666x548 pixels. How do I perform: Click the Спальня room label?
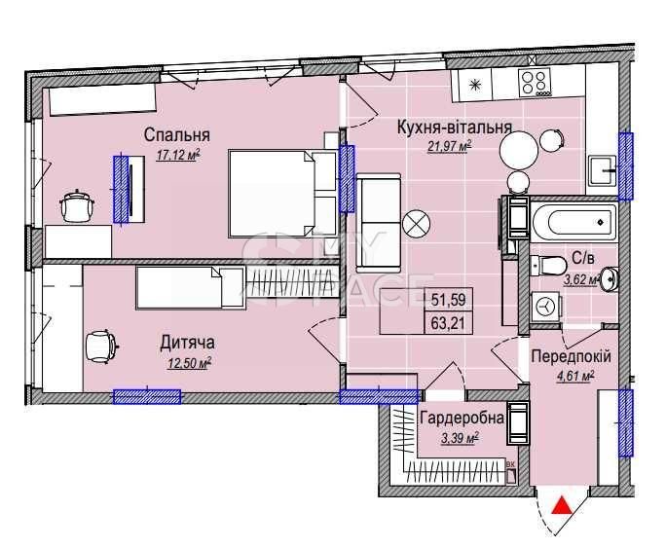[x=176, y=134]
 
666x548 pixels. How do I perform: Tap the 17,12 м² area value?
[x=178, y=155]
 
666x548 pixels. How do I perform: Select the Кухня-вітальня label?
[x=454, y=127]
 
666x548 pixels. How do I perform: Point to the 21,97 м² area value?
[x=450, y=146]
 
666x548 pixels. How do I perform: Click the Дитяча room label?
[x=187, y=342]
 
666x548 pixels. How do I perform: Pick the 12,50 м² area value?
[x=190, y=363]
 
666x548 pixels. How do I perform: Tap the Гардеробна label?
[x=462, y=418]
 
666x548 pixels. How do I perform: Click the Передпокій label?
[x=571, y=356]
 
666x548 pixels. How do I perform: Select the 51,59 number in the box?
[x=448, y=300]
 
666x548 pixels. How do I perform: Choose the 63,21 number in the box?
[x=448, y=324]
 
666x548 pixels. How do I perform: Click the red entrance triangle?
[x=562, y=505]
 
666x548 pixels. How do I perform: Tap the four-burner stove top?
[x=536, y=83]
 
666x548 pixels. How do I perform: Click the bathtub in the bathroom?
[x=573, y=222]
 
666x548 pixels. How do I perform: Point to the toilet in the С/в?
[x=548, y=265]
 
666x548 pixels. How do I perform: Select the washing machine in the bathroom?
[x=545, y=306]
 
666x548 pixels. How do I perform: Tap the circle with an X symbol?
[x=417, y=223]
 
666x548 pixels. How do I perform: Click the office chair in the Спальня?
[x=77, y=205]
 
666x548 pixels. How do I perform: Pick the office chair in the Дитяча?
[x=101, y=347]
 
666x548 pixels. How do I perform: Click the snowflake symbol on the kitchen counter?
[x=473, y=85]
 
